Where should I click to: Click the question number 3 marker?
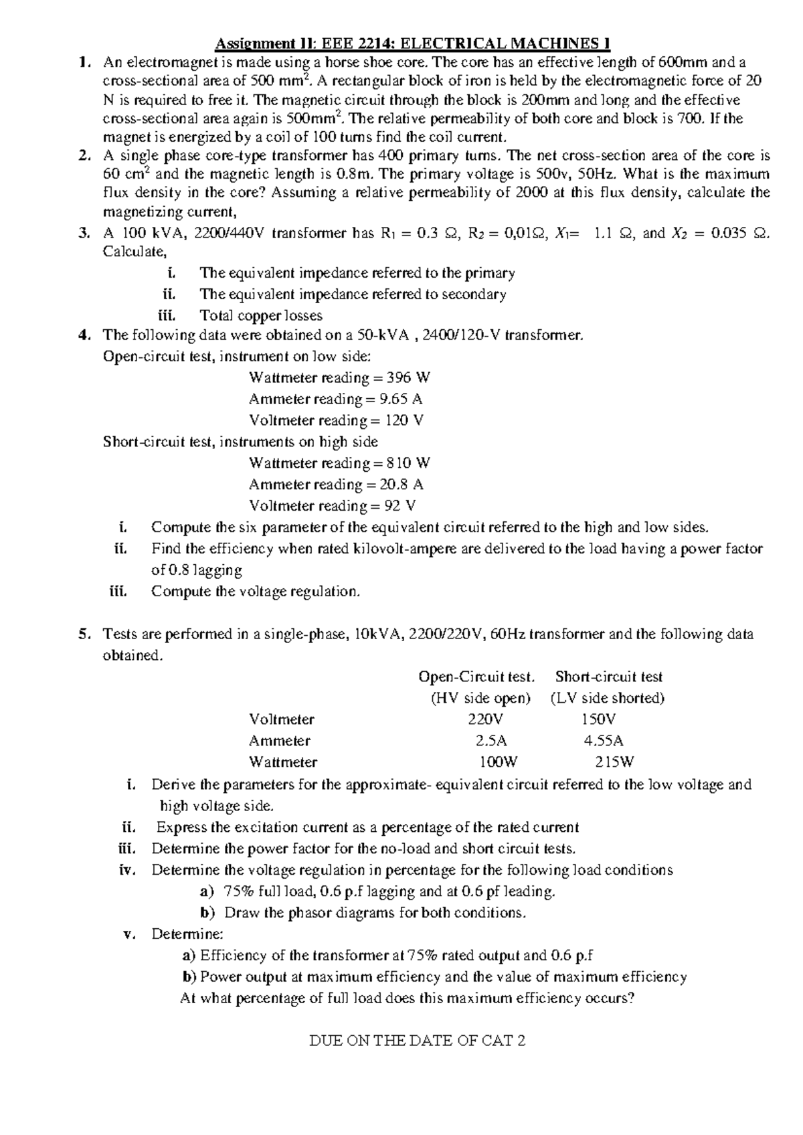[83, 234]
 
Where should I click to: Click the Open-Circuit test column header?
[476, 677]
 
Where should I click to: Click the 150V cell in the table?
[599, 719]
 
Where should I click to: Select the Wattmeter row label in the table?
[283, 762]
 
